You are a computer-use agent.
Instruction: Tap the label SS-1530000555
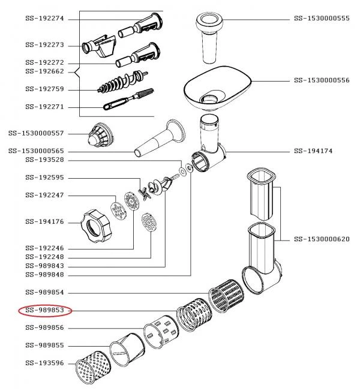(322, 19)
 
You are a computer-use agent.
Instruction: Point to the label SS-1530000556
(322, 80)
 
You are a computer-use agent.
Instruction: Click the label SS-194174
(313, 151)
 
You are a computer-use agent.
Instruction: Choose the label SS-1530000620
(322, 239)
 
